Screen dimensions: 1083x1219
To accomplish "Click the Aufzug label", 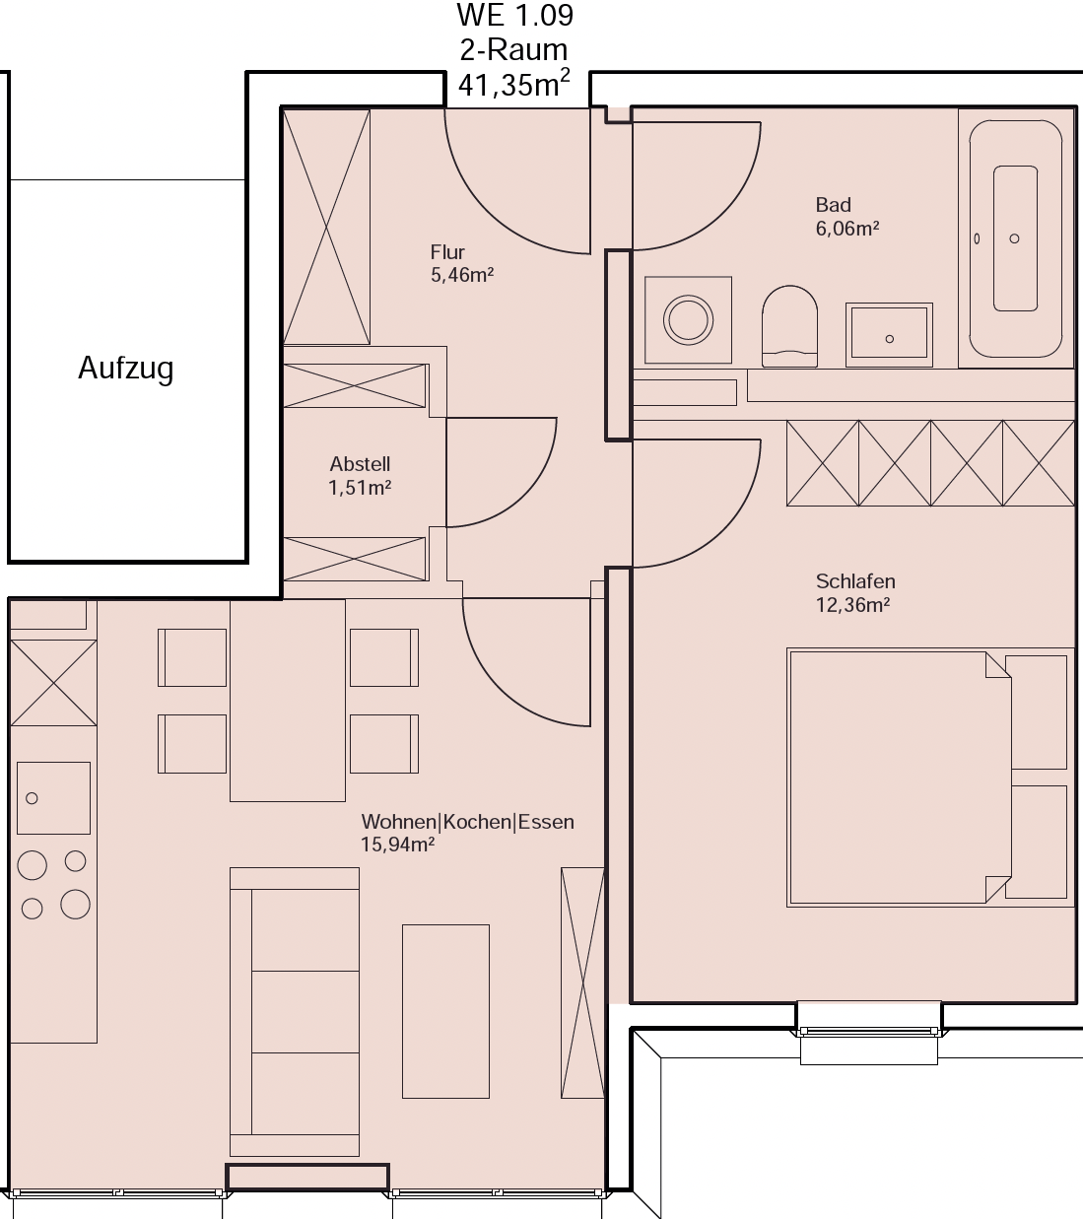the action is (126, 369).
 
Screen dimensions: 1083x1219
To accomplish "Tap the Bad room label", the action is (834, 205).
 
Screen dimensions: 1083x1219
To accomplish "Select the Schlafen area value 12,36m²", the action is (852, 605).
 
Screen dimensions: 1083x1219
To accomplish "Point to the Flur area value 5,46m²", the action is (462, 275).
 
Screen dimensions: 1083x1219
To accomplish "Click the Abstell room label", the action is (360, 464).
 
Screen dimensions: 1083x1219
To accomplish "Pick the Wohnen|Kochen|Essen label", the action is (467, 822).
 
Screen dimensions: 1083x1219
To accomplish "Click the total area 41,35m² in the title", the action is (513, 84).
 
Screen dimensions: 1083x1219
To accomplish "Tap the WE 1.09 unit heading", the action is (515, 16).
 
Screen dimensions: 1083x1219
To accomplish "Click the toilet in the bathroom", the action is (789, 326).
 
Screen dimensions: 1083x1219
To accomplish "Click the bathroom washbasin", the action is (889, 334).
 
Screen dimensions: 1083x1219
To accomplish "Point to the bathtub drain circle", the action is (1014, 238).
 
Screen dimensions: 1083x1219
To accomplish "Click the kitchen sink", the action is (53, 798).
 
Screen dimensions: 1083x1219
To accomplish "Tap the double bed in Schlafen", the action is (930, 778).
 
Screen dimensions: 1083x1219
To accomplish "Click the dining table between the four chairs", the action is (288, 701).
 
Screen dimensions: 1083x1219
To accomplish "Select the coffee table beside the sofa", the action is (445, 1011).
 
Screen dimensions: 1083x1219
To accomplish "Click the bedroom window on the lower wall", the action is (869, 1032).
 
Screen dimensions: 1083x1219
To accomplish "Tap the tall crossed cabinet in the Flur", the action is (326, 227).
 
